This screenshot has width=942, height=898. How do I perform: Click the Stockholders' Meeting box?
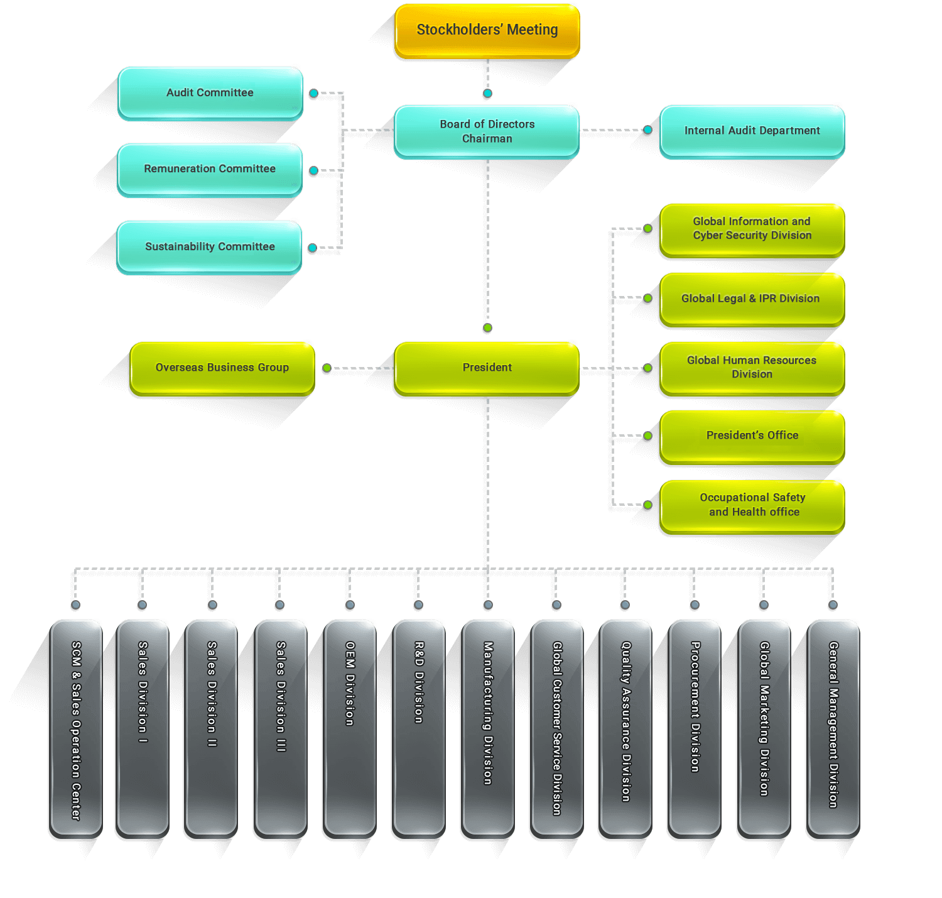pyautogui.click(x=487, y=30)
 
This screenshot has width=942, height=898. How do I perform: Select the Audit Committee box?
pyautogui.click(x=210, y=93)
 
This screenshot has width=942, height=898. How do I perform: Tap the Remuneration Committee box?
pyautogui.click(x=209, y=169)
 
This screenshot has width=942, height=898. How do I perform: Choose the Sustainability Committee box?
pyautogui.click(x=209, y=247)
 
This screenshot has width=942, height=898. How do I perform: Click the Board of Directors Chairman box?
pyautogui.click(x=487, y=131)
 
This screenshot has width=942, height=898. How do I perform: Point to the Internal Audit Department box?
pyautogui.click(x=752, y=131)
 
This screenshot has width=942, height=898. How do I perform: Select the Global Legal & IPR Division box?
pyautogui.click(x=752, y=298)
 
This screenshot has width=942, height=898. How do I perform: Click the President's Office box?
pyautogui.click(x=752, y=435)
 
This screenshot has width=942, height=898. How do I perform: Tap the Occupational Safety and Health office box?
pyautogui.click(x=752, y=505)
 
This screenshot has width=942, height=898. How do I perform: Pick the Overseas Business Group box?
pyautogui.click(x=222, y=368)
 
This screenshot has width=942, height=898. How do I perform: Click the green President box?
pyautogui.click(x=487, y=368)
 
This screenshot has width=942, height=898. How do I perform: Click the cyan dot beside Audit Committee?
pyautogui.click(x=313, y=93)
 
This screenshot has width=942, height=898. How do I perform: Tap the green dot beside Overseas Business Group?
pyautogui.click(x=327, y=368)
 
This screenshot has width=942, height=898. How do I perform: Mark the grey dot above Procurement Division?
pyautogui.click(x=695, y=605)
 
